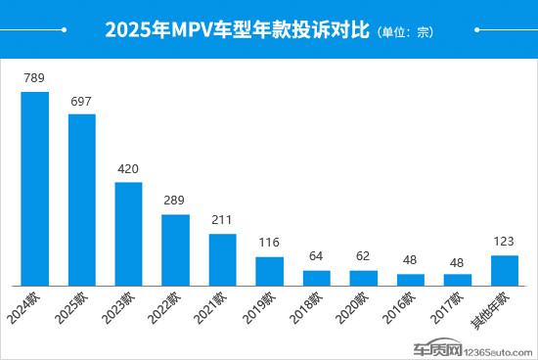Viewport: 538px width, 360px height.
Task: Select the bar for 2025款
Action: click(82, 200)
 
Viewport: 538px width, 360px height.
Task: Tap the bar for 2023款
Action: click(129, 233)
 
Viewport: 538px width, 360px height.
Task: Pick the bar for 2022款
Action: click(176, 249)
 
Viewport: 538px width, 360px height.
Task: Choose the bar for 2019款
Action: click(270, 271)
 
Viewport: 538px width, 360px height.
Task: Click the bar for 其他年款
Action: click(505, 270)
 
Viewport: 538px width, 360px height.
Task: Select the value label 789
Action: click(35, 77)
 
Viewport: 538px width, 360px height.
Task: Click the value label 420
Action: click(129, 168)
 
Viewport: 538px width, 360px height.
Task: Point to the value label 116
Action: click(270, 243)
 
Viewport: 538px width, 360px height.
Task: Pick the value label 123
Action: click(505, 241)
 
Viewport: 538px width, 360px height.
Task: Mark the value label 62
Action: click(364, 256)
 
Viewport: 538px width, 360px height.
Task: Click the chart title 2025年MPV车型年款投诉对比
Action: click(235, 30)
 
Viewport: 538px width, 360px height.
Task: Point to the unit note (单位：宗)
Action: click(404, 32)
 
